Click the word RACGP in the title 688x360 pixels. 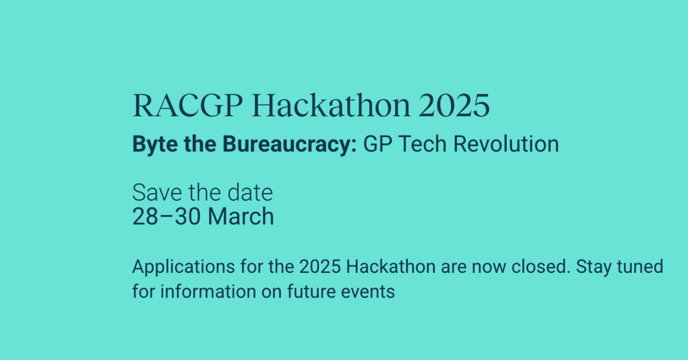click(187, 105)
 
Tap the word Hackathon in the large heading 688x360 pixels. click(331, 105)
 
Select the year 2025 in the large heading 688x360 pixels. click(454, 105)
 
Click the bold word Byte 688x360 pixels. click(155, 144)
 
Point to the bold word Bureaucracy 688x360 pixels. click(290, 144)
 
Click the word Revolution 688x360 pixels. click(506, 144)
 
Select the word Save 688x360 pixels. click(157, 193)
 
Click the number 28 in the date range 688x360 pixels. click(145, 217)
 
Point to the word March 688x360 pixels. click(241, 216)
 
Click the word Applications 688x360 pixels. click(183, 267)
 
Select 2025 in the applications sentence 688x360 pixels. click(320, 267)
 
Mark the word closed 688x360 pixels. click(541, 267)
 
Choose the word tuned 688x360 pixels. click(640, 267)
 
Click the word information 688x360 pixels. click(208, 291)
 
